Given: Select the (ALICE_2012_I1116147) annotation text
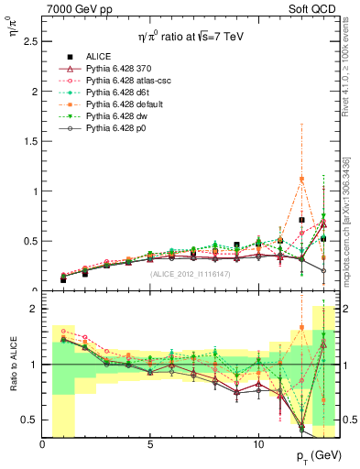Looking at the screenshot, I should coord(191,275).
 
